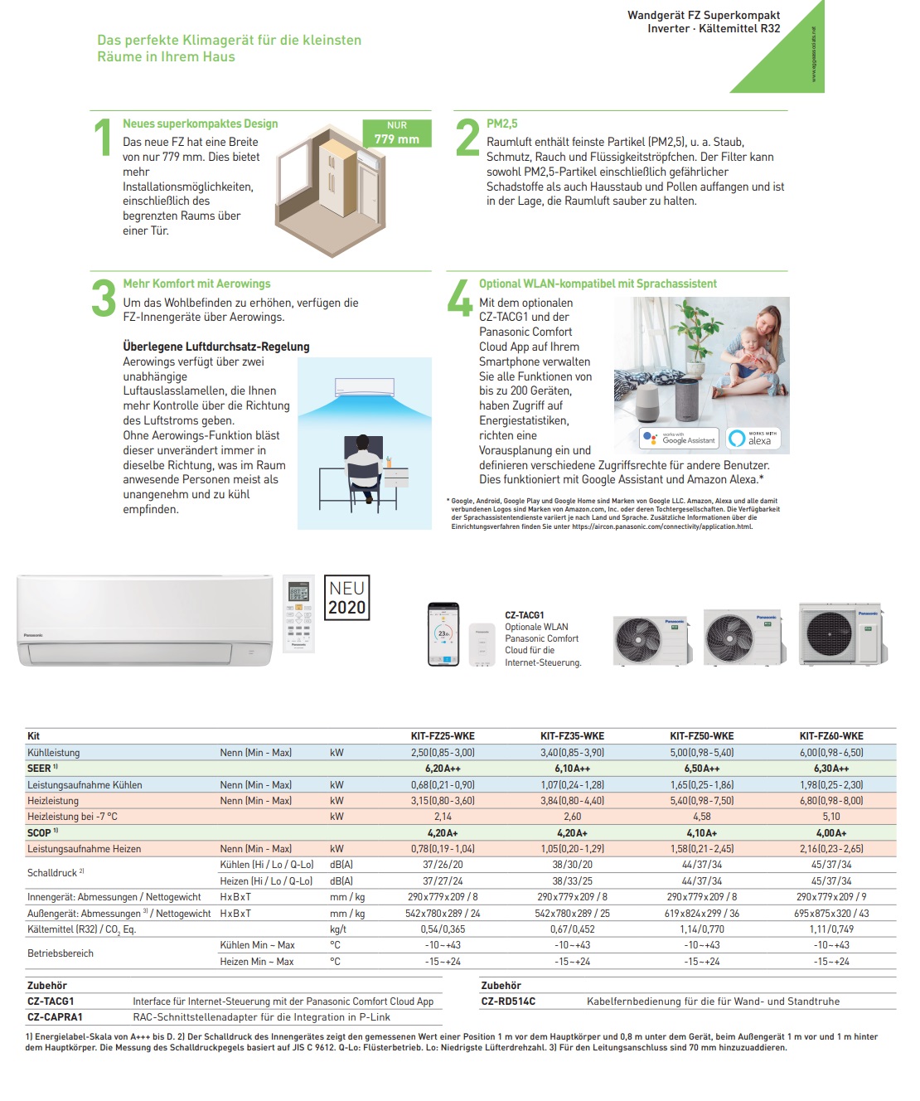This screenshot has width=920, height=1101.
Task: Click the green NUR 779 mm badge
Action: click(x=397, y=133)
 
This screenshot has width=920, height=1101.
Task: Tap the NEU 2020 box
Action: click(x=346, y=598)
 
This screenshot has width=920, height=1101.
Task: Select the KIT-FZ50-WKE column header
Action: click(x=701, y=735)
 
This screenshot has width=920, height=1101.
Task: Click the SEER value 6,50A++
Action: click(x=701, y=769)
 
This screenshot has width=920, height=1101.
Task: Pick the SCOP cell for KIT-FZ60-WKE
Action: click(x=831, y=833)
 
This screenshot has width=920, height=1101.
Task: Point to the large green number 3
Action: click(x=104, y=298)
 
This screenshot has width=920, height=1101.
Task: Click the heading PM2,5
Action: click(x=501, y=124)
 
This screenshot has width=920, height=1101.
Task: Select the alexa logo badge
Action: click(x=753, y=438)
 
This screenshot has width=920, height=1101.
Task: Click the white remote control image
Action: click(x=298, y=614)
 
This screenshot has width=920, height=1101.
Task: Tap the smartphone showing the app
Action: click(x=443, y=633)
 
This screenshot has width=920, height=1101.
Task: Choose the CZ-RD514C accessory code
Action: click(x=508, y=1002)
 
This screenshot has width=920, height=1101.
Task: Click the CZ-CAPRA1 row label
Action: click(x=55, y=1017)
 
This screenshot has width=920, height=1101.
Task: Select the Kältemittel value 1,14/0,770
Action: click(x=701, y=929)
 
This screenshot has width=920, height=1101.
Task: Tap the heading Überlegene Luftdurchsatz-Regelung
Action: click(x=216, y=347)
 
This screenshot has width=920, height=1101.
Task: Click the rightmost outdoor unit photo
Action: click(x=841, y=634)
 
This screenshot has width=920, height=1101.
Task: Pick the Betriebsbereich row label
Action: click(x=61, y=953)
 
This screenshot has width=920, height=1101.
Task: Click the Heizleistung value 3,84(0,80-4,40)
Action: click(x=572, y=801)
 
